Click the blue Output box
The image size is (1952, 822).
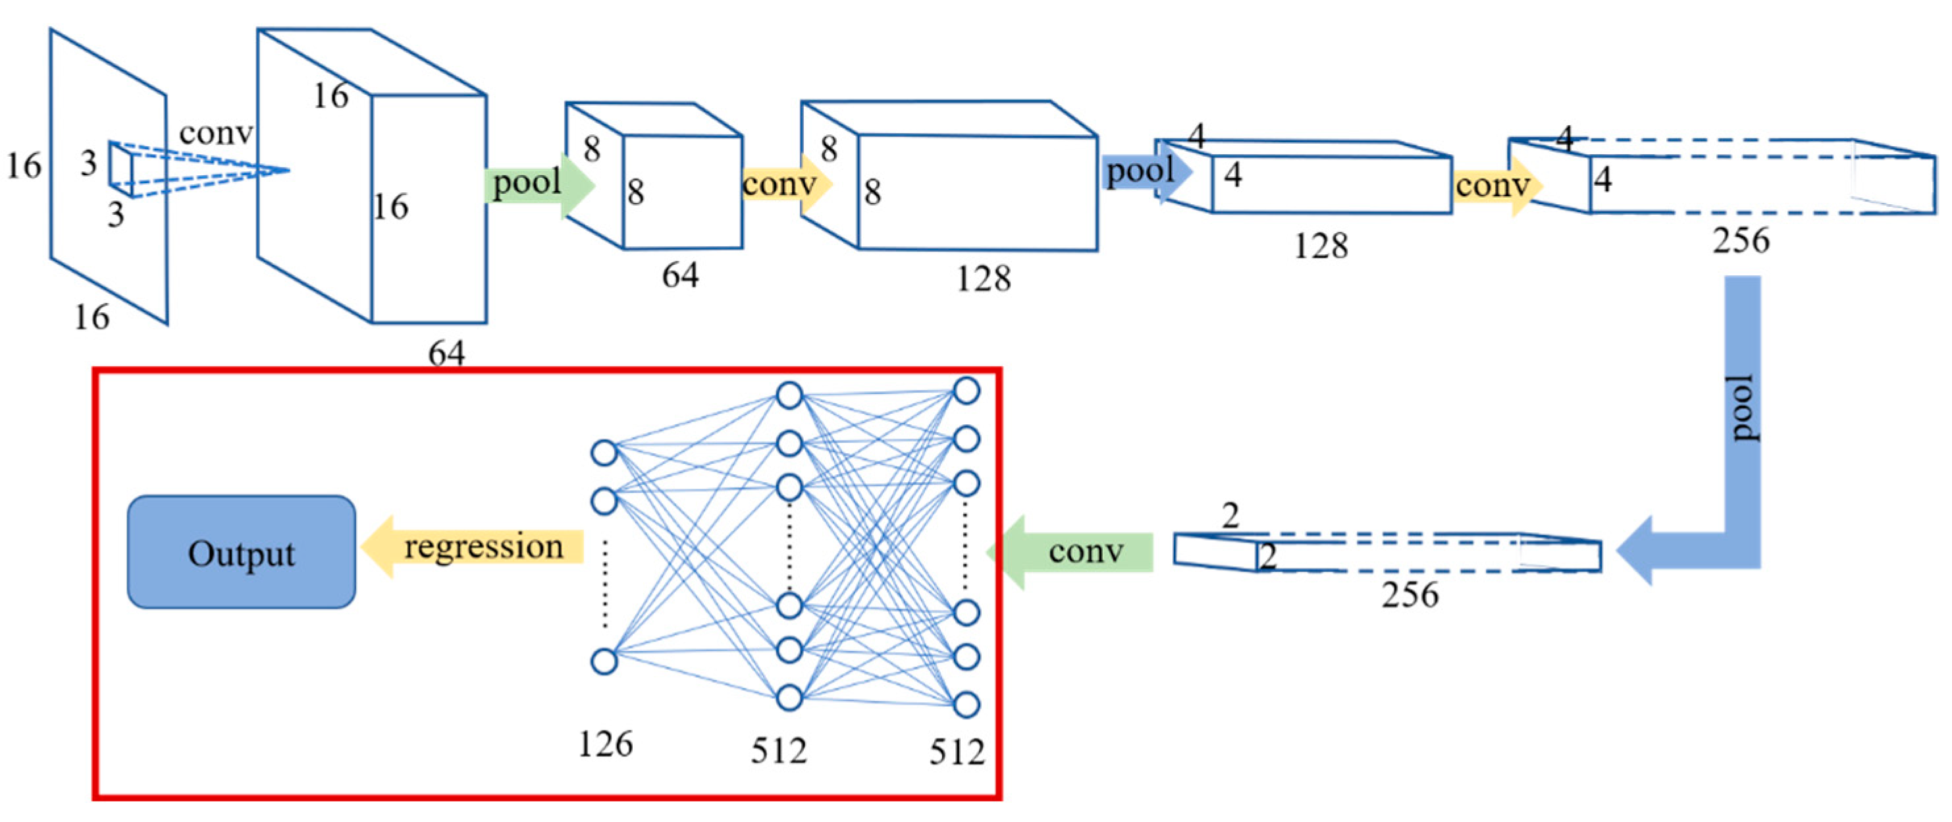(x=241, y=552)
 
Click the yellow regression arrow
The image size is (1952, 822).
(x=477, y=547)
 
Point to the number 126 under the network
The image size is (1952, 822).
(x=605, y=745)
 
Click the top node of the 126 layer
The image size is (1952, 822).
(x=604, y=453)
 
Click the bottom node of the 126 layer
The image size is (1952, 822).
(x=604, y=661)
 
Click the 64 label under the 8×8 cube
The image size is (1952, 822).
(x=679, y=275)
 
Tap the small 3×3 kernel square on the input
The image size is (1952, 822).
(x=121, y=169)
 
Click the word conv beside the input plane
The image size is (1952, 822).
(x=215, y=134)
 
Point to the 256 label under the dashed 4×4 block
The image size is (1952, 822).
(x=1741, y=241)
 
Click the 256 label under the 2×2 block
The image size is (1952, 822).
(x=1410, y=595)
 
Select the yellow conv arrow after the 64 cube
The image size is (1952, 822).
(x=784, y=184)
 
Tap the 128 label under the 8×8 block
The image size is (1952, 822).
(x=983, y=279)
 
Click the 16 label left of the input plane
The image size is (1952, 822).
(x=24, y=165)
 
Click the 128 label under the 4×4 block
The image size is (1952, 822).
(x=1320, y=246)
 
